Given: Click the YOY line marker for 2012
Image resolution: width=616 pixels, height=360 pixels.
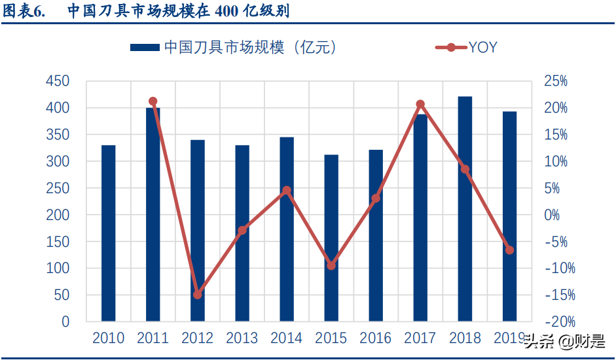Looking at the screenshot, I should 198,295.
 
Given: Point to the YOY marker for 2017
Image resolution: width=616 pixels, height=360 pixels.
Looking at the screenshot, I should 420,104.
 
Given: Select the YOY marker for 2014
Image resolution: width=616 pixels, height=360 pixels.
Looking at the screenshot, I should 287,190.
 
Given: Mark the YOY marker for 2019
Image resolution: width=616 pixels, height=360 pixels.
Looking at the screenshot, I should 509,250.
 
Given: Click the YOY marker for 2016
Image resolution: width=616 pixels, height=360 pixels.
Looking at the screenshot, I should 376,198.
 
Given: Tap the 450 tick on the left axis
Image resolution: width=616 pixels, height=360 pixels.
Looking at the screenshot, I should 58,81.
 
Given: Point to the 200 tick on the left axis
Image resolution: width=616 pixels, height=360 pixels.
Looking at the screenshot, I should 58,215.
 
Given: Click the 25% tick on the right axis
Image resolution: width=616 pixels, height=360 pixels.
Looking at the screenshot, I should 556,81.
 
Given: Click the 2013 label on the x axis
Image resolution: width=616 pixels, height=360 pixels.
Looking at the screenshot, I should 242,338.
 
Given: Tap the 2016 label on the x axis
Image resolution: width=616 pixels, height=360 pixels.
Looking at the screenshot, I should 376,338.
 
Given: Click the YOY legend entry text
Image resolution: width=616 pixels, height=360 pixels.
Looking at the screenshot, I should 483,47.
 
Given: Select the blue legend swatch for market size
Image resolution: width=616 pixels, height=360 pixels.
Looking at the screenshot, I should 145,47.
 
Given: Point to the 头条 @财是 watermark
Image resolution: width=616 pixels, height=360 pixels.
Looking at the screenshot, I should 564,341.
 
